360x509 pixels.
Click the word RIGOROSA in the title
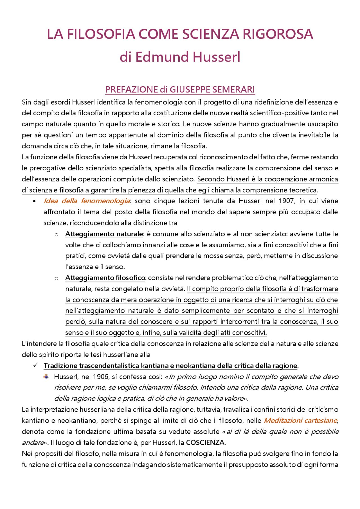point(278,34)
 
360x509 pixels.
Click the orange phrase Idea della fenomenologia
point(87,201)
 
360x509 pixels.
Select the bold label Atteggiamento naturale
point(104,234)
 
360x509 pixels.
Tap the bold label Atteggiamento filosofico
point(105,278)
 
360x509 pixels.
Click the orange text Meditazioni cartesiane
point(300,420)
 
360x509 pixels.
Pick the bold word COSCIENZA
point(205,442)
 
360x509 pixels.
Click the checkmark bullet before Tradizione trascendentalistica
point(35,365)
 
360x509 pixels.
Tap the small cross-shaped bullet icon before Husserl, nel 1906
point(46,376)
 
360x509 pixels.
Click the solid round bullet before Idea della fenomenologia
point(34,201)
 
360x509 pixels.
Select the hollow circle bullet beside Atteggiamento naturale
point(57,234)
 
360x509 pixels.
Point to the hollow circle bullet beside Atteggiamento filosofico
point(57,278)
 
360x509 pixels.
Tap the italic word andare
point(32,442)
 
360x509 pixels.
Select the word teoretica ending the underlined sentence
point(303,190)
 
